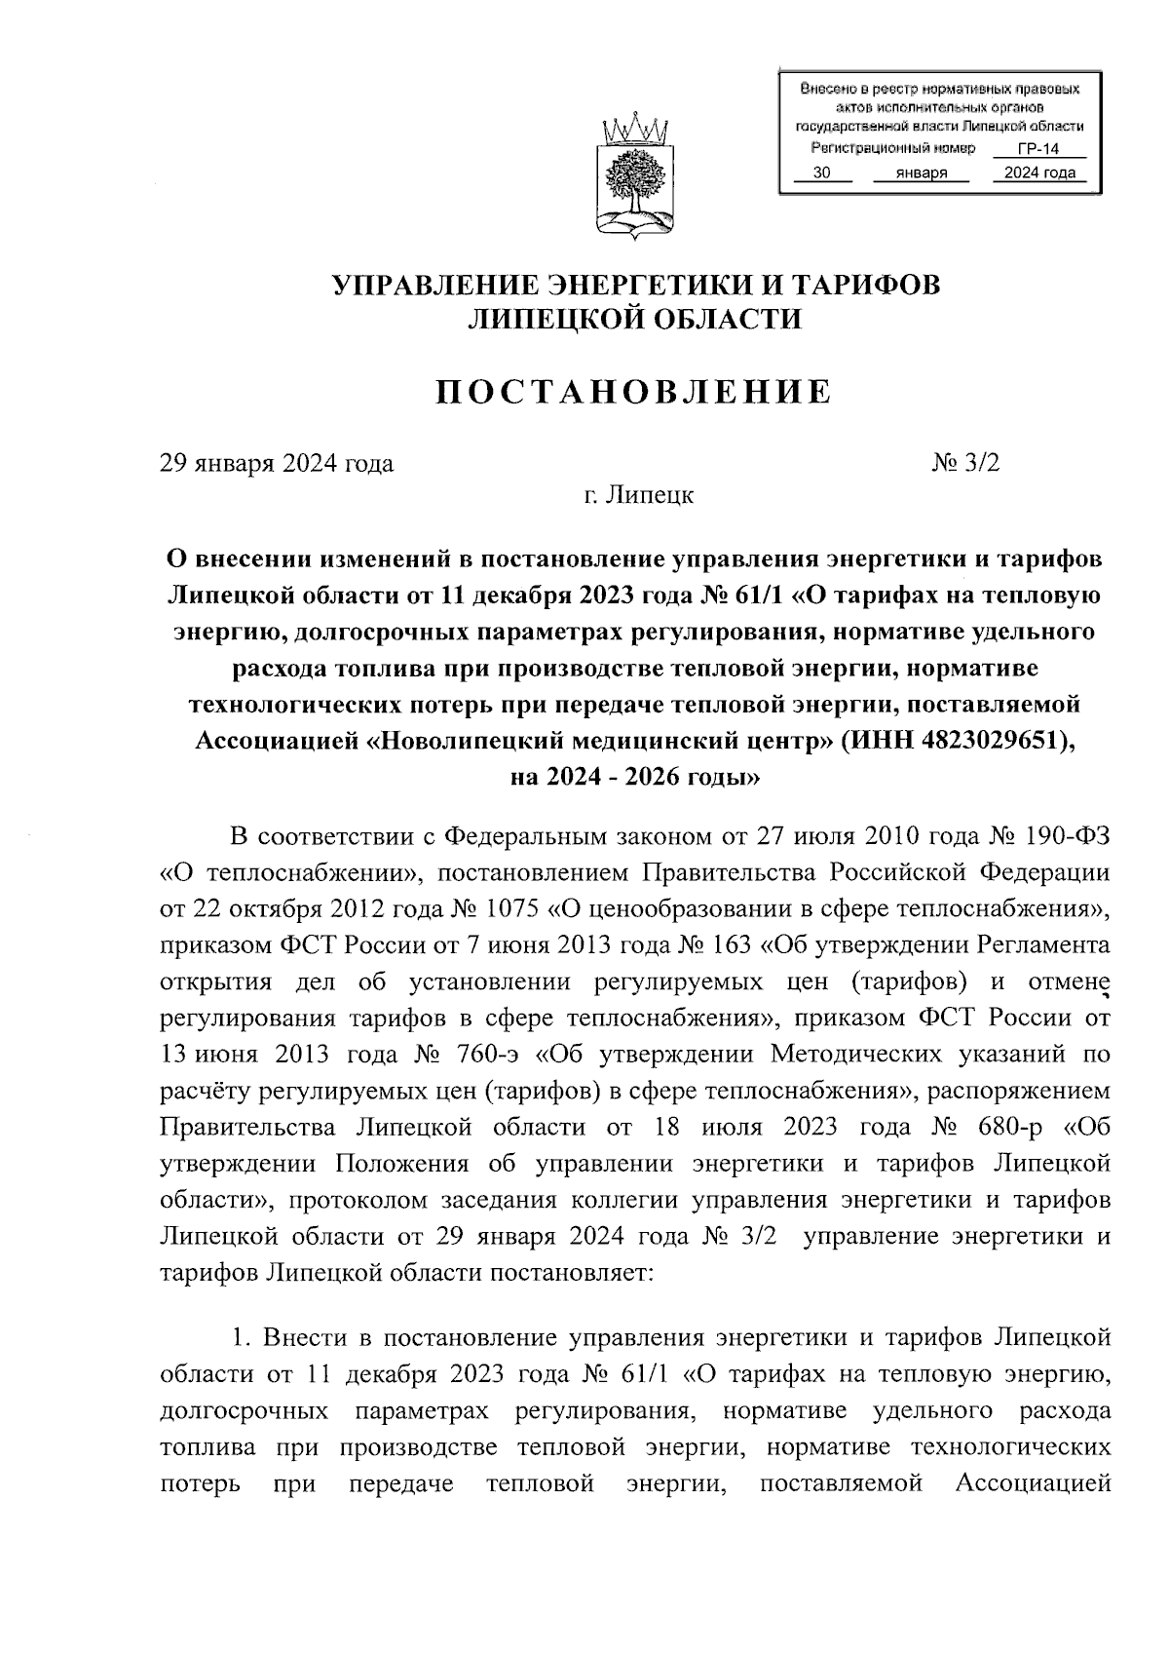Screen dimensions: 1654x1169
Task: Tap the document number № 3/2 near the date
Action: pyautogui.click(x=965, y=463)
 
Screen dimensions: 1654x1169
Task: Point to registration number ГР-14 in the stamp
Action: pyautogui.click(x=1037, y=149)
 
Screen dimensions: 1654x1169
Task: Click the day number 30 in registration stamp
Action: pyautogui.click(x=821, y=173)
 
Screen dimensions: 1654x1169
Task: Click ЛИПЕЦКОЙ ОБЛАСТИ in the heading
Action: pyautogui.click(x=635, y=319)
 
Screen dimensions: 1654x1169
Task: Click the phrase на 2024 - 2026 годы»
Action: pyautogui.click(x=634, y=778)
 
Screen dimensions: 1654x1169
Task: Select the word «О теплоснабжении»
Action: pyautogui.click(x=289, y=874)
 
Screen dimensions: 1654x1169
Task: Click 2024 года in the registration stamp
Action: pyautogui.click(x=1033, y=173)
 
